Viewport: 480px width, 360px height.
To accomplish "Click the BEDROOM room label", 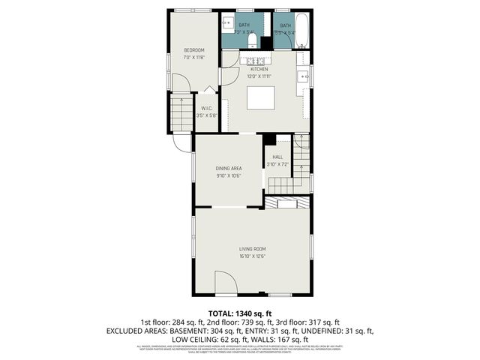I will click(194, 50).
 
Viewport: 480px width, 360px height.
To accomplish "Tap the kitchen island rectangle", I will click(262, 98).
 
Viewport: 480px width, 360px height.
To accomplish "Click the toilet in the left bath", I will click(253, 40).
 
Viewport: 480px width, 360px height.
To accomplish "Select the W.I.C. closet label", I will click(206, 108).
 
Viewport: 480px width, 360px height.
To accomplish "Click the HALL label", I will click(277, 157).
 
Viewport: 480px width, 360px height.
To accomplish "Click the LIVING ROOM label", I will click(253, 249).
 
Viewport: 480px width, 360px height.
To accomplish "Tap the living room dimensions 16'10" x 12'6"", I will click(253, 256).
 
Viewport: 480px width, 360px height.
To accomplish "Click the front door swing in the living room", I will click(225, 285).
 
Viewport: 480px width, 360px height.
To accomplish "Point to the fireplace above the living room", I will click(287, 204).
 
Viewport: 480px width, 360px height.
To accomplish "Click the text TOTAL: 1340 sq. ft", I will click(239, 313).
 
